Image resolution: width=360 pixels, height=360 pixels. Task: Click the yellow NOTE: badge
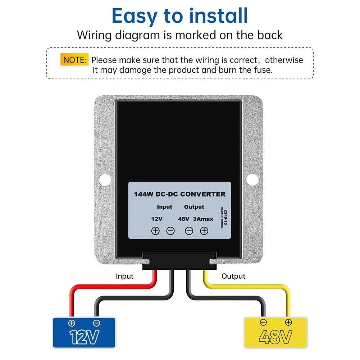pos(74,60)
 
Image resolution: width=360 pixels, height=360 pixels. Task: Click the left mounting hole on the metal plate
pos(105,179)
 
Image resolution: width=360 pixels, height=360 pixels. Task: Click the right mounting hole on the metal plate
pos(252,179)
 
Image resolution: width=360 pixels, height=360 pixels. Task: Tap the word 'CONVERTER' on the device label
pos(203,194)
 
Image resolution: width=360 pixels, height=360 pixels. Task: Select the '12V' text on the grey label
pos(157,219)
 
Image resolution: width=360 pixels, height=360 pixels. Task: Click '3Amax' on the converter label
pos(203,219)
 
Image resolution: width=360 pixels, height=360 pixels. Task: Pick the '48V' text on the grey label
pos(184,219)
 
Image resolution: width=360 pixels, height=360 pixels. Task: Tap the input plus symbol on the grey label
pos(155,231)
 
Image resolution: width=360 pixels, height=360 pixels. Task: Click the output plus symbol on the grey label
pos(204,231)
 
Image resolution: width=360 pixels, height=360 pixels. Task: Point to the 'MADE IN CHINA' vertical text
pos(222,217)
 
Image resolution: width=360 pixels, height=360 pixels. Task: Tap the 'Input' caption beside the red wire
pos(124,276)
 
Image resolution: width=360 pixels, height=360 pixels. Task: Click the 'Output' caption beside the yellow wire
pos(233,276)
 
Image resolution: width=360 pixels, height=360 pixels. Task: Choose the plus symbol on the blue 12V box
pos(72,323)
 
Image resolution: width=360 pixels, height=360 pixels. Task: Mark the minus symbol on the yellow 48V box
pos(263,322)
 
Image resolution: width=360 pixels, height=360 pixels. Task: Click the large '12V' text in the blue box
pos(84,337)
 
